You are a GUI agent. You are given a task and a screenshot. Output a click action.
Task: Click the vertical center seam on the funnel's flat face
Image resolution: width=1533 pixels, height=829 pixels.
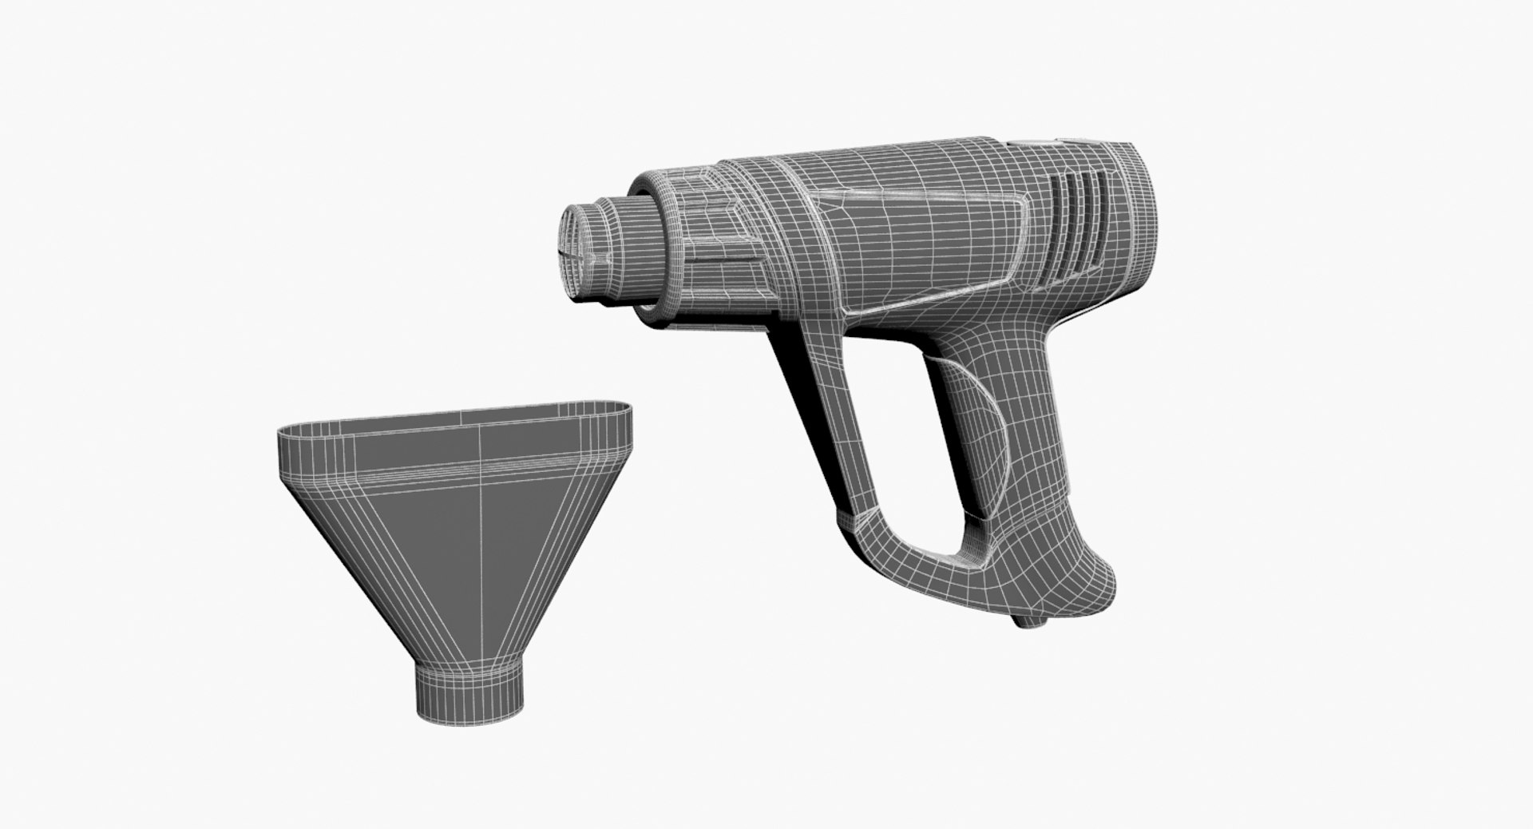tap(481, 543)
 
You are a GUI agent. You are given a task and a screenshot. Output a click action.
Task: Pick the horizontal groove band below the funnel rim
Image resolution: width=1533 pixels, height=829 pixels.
tap(455, 475)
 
